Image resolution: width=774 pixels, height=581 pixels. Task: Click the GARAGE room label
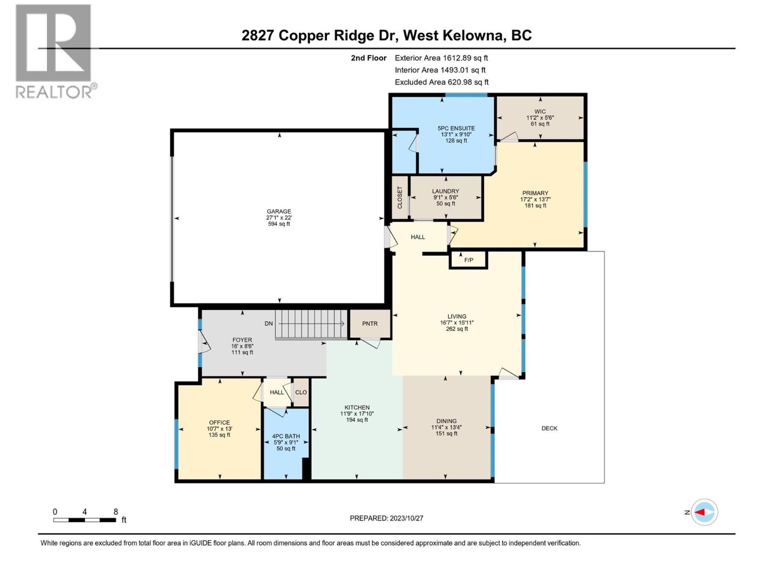point(279,212)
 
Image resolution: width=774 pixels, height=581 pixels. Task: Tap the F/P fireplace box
point(468,260)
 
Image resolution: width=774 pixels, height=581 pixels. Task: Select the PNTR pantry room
point(370,324)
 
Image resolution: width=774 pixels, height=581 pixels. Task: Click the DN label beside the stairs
point(268,323)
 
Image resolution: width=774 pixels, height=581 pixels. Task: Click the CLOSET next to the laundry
point(400,198)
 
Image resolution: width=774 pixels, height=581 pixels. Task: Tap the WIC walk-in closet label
point(540,111)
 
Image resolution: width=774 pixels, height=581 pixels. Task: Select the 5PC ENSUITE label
point(456,128)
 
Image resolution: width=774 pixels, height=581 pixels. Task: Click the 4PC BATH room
point(286,442)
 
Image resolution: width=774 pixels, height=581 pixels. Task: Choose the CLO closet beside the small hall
point(301,392)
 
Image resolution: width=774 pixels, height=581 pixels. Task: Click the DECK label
point(549,428)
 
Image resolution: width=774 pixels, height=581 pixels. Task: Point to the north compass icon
point(704,512)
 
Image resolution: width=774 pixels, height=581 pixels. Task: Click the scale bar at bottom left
point(85,520)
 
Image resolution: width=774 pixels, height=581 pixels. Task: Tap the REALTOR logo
point(54,51)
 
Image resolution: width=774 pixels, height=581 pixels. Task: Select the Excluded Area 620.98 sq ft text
point(441,82)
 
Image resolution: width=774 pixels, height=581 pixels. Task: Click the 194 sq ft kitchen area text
point(357,420)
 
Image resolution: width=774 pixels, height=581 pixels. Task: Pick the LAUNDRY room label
point(446,191)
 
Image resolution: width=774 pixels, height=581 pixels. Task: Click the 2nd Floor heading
point(369,58)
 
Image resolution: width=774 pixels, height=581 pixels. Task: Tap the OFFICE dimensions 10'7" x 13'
point(219,428)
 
